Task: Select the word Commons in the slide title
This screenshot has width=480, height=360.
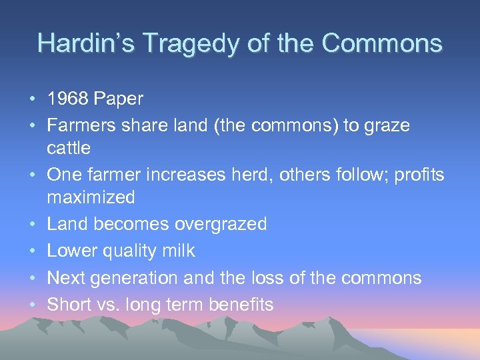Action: coord(381,43)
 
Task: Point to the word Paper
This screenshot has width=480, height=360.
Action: coord(119,99)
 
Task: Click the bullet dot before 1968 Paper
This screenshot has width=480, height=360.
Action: coord(33,99)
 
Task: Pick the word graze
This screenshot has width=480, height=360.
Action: coord(386,125)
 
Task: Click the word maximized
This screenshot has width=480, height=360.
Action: coord(91,197)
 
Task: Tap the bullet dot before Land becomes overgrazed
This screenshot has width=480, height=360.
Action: coord(33,225)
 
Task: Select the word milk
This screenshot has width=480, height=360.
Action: coord(181,251)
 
